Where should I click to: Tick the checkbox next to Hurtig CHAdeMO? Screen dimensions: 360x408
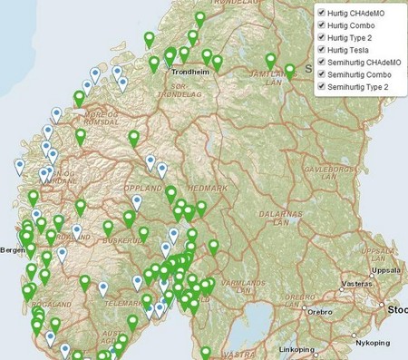321,12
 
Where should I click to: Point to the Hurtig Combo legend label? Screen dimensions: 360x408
355,24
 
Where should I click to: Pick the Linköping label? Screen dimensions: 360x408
298,348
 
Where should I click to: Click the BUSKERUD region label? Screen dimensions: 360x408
121,243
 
